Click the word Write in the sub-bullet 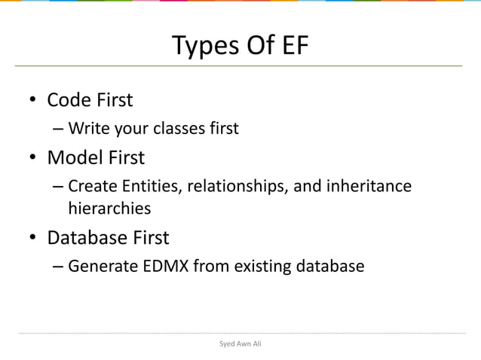click(87, 128)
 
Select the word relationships click(240, 185)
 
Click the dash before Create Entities click(59, 186)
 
